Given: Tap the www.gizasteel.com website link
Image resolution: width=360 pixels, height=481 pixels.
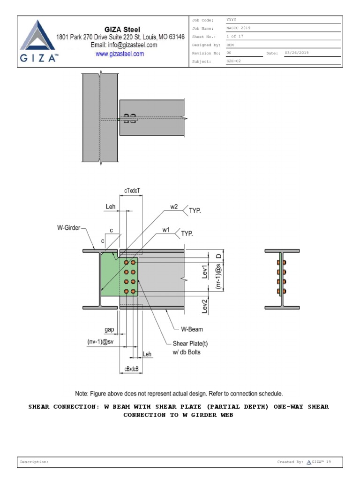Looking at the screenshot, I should click(x=120, y=54).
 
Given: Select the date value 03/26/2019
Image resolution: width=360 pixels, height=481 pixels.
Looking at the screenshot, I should click(x=292, y=53).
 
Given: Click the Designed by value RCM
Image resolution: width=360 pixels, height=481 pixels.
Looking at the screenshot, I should click(x=230, y=45).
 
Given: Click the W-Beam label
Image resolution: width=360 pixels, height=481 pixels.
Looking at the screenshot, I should click(x=193, y=329).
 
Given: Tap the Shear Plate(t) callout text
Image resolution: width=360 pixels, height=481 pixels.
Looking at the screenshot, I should click(x=190, y=343).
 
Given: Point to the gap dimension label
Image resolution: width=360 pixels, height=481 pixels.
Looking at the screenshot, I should click(x=110, y=330).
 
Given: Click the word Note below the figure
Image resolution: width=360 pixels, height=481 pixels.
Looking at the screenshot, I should click(x=83, y=394).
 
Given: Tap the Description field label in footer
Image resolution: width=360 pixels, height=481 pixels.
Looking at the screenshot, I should click(x=34, y=462).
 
